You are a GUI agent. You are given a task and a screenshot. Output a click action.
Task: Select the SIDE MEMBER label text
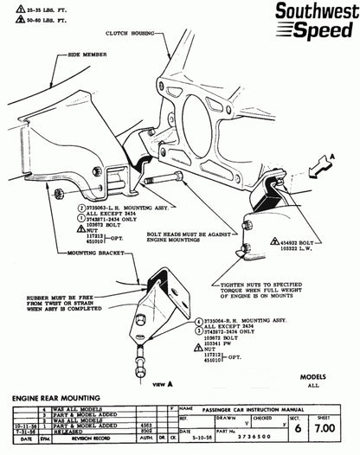pyautogui.click(x=85, y=54)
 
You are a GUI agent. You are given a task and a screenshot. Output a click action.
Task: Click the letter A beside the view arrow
pyautogui.click(x=346, y=157)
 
